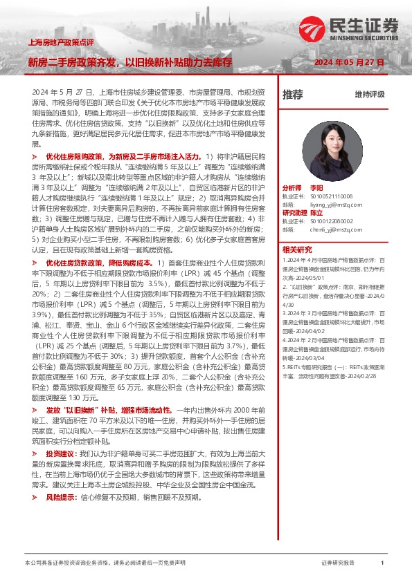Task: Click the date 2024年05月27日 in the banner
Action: pyautogui.click(x=349, y=62)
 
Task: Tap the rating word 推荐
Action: pyautogui.click(x=293, y=94)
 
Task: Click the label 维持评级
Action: pyautogui.click(x=369, y=94)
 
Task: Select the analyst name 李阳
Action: pyautogui.click(x=317, y=188)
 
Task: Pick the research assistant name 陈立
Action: pyautogui.click(x=317, y=213)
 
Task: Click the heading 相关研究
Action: pyautogui.click(x=297, y=250)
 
